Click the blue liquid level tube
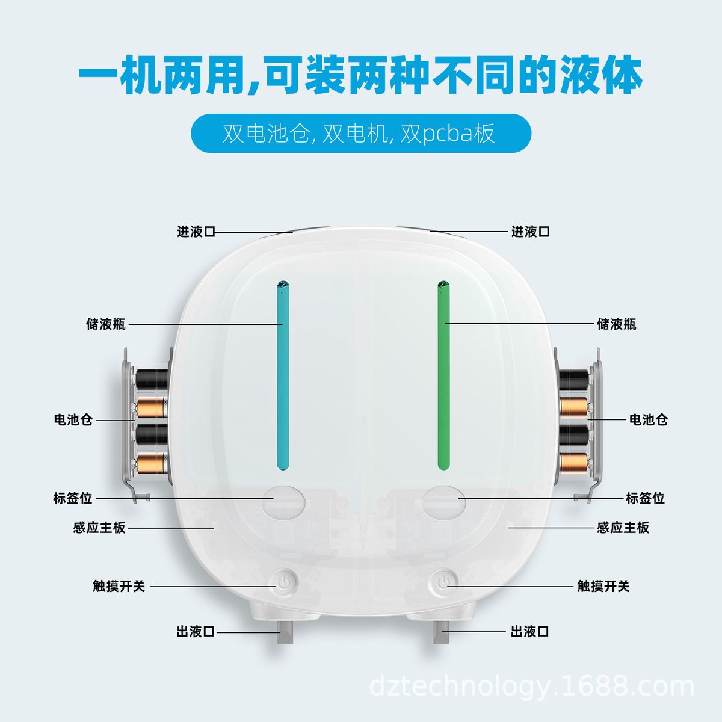(283, 375)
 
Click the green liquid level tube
(443, 375)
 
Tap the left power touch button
(283, 582)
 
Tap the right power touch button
(443, 582)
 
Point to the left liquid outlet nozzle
(285, 632)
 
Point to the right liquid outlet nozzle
(442, 632)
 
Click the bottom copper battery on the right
(573, 463)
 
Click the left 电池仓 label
(73, 419)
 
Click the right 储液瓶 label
(616, 324)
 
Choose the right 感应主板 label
(623, 528)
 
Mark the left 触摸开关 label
(119, 587)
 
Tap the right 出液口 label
(529, 632)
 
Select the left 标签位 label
(72, 499)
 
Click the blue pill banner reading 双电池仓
(361, 133)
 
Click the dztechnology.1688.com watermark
(532, 687)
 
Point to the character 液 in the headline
(581, 75)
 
